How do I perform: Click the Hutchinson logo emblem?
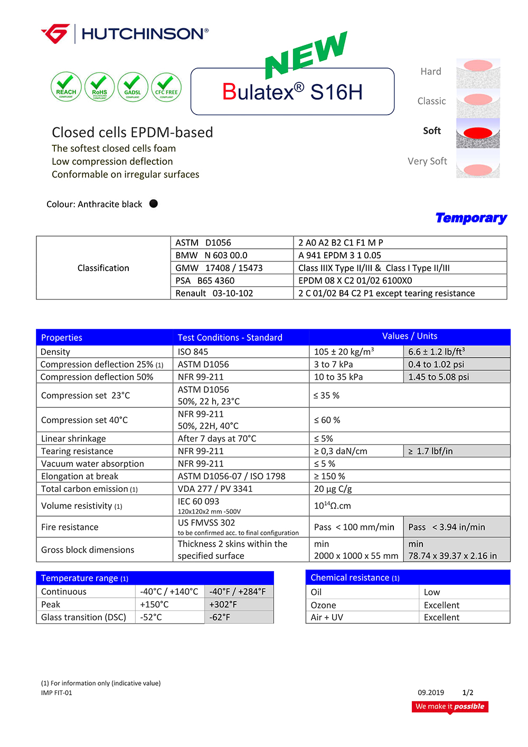(55, 34)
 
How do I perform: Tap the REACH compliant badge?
(66, 87)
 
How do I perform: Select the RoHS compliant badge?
(99, 87)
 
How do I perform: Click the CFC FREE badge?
(166, 87)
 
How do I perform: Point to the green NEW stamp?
(306, 55)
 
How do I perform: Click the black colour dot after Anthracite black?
(154, 203)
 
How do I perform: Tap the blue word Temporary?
(471, 218)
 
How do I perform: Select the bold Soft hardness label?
(431, 130)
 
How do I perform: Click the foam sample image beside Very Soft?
(478, 164)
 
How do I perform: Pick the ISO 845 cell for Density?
(193, 352)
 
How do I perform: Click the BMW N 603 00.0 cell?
(211, 255)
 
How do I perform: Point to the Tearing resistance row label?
(77, 451)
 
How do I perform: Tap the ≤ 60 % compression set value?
(327, 420)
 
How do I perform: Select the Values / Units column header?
(410, 336)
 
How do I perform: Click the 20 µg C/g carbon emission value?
(333, 489)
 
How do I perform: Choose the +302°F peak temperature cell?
(223, 604)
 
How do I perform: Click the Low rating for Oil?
(431, 592)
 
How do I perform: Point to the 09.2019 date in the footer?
(431, 693)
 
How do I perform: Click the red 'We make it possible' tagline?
(450, 706)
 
